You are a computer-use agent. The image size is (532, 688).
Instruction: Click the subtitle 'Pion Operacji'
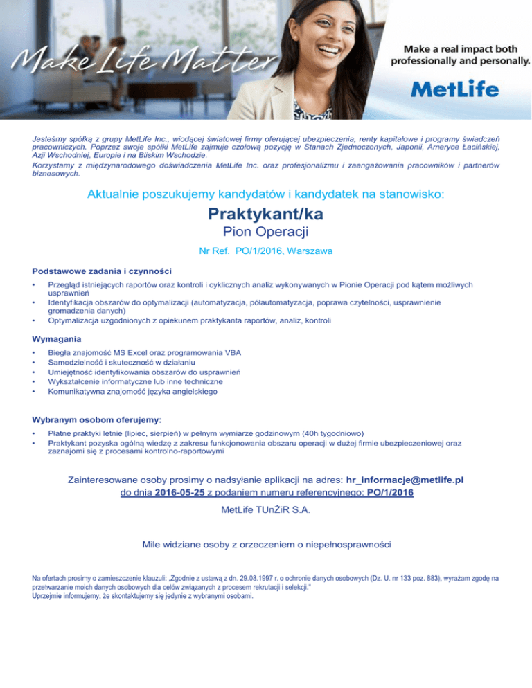coord(266,233)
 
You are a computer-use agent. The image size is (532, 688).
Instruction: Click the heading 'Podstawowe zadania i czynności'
coord(102,271)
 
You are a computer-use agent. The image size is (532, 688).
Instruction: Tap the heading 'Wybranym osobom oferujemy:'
coord(97,419)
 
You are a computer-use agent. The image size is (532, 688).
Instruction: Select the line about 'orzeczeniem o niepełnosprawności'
coord(266,545)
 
